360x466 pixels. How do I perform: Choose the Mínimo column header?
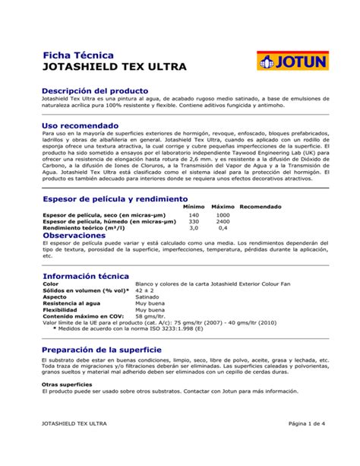[194, 207]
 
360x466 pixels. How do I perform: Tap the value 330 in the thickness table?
[194, 221]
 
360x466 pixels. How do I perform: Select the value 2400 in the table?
[223, 221]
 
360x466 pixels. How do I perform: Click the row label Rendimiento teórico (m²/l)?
[82, 228]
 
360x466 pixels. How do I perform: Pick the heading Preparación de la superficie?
[107, 349]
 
